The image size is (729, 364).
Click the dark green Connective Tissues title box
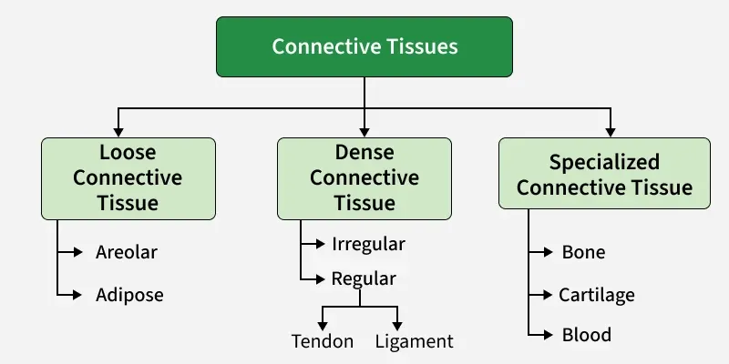[x=364, y=45]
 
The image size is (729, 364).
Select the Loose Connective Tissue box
[x=128, y=178]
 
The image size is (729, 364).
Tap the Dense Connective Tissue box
[x=364, y=178]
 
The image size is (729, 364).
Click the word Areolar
[x=127, y=252]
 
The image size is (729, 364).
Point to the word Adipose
[x=129, y=295]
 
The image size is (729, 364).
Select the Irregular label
[x=368, y=245]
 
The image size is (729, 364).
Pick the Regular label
[x=364, y=278]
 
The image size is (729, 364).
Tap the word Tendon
[x=322, y=342]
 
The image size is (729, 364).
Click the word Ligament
[x=414, y=342]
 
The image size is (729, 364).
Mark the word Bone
[x=583, y=252]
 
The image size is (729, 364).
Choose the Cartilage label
[x=596, y=295]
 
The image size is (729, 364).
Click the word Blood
[x=586, y=335]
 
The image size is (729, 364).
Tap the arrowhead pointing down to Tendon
[x=322, y=324]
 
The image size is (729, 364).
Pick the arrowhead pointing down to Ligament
[x=397, y=324]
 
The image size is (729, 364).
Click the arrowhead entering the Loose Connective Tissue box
[x=118, y=131]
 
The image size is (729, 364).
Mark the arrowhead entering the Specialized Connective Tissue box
[x=611, y=131]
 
